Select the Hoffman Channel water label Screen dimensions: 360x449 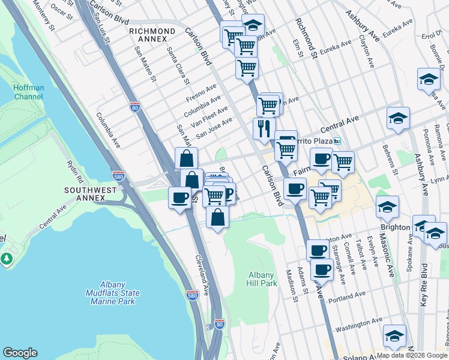[28, 92]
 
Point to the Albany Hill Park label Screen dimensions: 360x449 [262, 279]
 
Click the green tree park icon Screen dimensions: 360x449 [7, 259]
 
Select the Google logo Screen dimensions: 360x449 [20, 353]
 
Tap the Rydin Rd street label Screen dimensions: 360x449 [76, 173]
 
